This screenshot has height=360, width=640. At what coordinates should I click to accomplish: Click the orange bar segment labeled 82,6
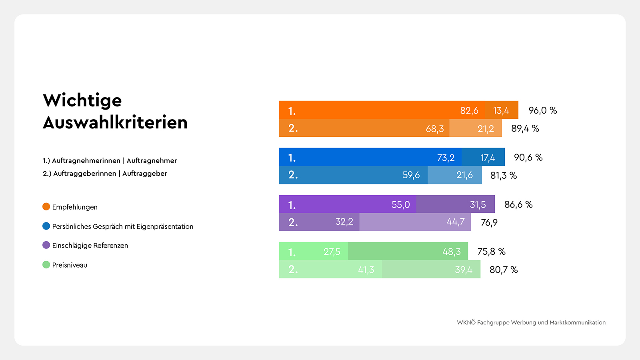point(382,110)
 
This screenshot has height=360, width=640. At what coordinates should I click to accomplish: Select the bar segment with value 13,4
point(501,110)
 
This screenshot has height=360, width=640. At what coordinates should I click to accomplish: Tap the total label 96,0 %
point(542,110)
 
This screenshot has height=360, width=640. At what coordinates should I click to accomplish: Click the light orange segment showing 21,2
point(476,128)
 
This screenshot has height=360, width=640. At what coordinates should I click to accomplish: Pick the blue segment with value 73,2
point(370,157)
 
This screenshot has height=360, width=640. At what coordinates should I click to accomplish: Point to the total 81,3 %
point(503,176)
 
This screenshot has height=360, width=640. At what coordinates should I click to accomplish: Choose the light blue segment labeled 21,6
point(455,175)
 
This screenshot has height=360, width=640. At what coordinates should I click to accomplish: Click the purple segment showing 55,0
point(348,204)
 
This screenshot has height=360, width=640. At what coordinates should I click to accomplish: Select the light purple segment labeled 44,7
point(415,222)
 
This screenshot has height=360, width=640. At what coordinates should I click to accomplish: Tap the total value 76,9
point(489,222)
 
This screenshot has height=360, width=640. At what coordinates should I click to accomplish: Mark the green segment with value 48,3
point(408,252)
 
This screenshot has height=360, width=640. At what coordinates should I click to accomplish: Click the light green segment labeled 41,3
point(331,270)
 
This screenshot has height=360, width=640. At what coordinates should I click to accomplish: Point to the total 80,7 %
point(503,270)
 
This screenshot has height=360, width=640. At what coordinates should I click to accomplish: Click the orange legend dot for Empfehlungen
point(46,207)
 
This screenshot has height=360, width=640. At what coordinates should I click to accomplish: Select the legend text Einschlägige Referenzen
point(90,246)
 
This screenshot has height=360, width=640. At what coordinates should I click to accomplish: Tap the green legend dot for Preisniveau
point(46,265)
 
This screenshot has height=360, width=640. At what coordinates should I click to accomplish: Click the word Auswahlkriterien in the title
point(115,122)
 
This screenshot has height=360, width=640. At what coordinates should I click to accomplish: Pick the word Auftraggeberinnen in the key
point(84,174)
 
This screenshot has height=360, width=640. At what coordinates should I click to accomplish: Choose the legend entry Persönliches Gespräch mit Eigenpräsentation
point(122,226)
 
